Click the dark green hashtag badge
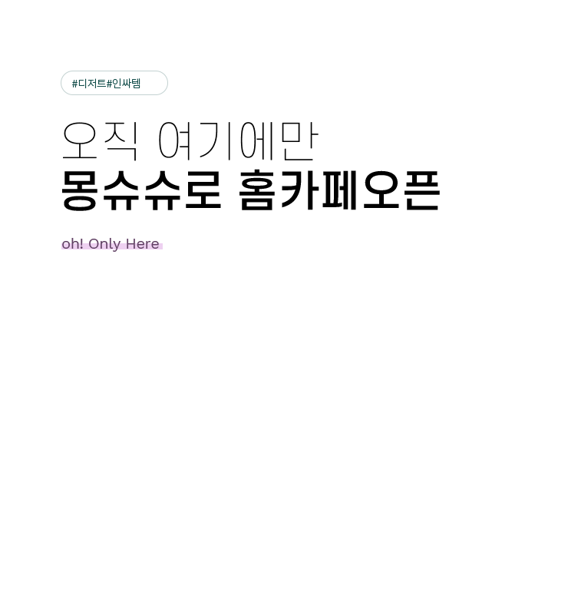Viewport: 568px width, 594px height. (114, 83)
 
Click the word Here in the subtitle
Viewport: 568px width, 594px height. (143, 244)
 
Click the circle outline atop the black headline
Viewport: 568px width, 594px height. (72, 134)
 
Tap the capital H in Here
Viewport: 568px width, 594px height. (131, 244)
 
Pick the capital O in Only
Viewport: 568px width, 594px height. (94, 244)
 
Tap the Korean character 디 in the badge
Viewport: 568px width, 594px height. (81, 83)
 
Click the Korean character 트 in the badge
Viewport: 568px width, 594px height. (101, 83)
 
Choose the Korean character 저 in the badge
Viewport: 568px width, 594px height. (91, 83)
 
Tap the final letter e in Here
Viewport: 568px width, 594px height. (155, 245)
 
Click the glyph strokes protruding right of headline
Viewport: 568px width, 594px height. (434, 190)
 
